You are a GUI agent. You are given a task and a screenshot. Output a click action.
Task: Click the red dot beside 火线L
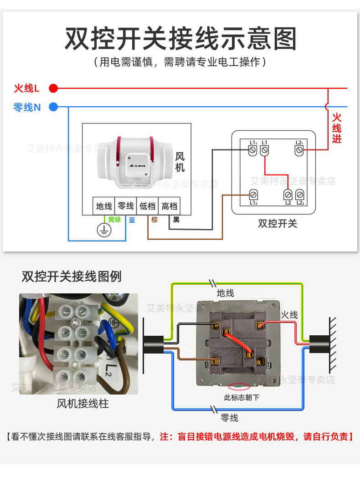[x=53, y=88]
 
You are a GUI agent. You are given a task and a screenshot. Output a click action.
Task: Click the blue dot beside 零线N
[x=53, y=108]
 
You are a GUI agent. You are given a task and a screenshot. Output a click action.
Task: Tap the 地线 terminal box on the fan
[x=104, y=206]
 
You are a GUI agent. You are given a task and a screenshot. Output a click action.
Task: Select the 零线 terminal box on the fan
[x=126, y=206]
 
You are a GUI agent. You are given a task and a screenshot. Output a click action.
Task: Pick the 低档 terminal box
[x=147, y=206]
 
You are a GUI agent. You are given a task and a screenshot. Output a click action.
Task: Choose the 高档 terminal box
[x=169, y=206]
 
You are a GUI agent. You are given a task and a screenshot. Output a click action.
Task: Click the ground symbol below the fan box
[x=104, y=230]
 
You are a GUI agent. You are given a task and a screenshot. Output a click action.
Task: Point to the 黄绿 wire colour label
[x=114, y=220]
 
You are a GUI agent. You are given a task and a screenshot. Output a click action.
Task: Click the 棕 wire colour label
[x=154, y=220]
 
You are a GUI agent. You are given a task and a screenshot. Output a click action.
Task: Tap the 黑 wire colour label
[x=176, y=220]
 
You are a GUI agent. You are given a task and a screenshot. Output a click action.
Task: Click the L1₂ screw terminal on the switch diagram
[x=254, y=195]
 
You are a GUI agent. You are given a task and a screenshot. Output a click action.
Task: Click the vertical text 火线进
[x=336, y=128]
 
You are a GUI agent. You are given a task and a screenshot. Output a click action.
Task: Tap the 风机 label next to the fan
[x=180, y=162]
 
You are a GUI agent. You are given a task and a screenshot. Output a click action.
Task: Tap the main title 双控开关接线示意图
[x=180, y=38]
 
